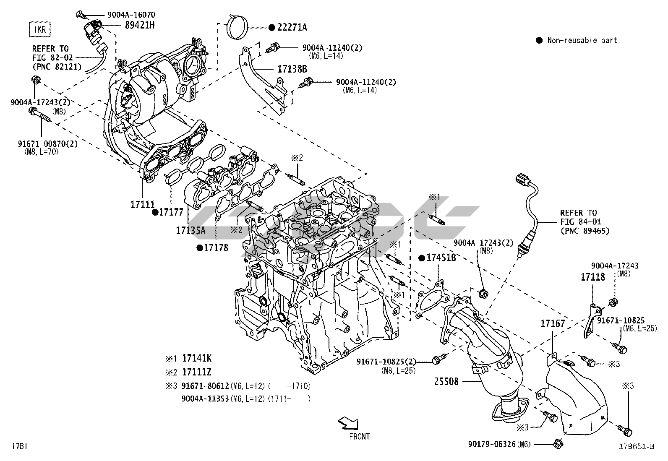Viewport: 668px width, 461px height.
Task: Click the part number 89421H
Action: point(140,25)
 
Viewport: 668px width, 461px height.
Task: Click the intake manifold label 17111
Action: point(143,205)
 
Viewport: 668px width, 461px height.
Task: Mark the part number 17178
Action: point(216,248)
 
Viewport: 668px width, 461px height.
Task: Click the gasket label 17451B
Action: point(441,258)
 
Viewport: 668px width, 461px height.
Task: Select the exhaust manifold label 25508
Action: point(446,382)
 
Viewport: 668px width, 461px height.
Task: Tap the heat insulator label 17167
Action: point(553,323)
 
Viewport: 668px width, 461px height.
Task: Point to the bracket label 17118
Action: point(592,277)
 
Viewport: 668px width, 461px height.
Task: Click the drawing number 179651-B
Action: point(636,447)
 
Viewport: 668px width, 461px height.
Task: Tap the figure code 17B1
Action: point(19,445)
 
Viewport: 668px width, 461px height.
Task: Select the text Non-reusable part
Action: point(582,40)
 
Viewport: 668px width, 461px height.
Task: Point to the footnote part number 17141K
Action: point(197,358)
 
